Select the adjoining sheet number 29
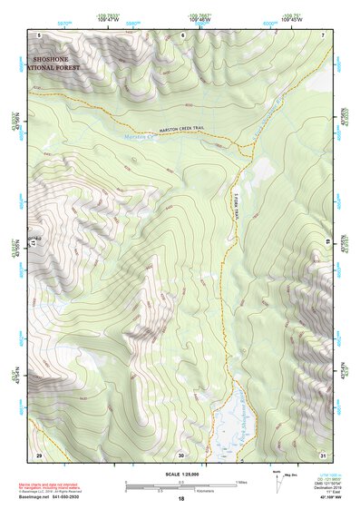tap(39, 454)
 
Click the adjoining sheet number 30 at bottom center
tap(181, 454)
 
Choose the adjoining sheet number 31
tap(323, 454)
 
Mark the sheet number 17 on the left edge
tap(36, 244)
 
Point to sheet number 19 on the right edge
tap(326, 244)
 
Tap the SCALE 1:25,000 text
tap(180, 475)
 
